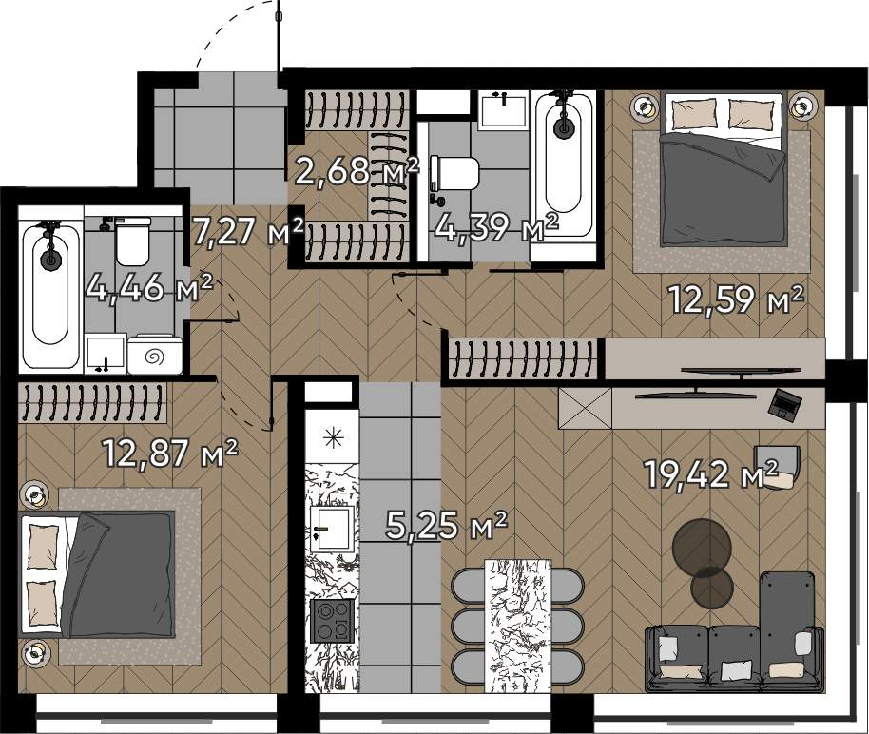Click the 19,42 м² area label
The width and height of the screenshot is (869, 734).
click(x=712, y=474)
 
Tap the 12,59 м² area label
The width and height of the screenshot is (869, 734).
click(x=737, y=299)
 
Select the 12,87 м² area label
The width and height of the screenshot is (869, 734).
click(x=171, y=453)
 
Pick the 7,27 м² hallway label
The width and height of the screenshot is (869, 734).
click(x=248, y=231)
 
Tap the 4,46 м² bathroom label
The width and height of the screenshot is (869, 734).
click(x=149, y=287)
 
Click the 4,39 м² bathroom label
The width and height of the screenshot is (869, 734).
click(x=496, y=226)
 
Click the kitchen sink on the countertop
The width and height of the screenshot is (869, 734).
click(x=332, y=529)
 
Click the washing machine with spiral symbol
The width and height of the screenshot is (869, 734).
click(x=155, y=355)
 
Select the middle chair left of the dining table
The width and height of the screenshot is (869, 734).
click(x=469, y=625)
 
